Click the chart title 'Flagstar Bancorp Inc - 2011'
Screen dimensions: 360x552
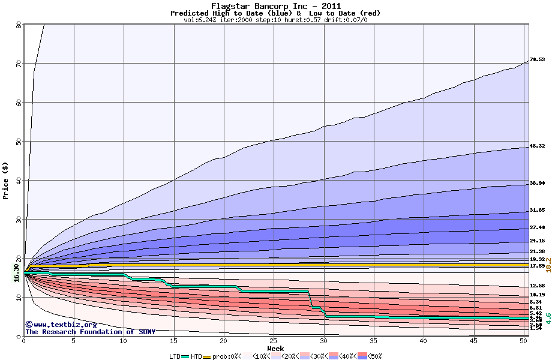tap(275, 6)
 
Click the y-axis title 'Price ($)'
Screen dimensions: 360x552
tap(5, 181)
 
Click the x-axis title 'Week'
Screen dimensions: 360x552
tap(275, 349)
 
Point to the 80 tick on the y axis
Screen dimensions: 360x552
tap(19, 25)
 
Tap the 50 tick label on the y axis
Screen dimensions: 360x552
tap(19, 142)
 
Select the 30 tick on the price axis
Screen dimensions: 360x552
tap(19, 220)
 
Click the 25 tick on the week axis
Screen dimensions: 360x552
tap(274, 341)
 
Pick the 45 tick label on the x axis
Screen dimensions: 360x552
tap(473, 341)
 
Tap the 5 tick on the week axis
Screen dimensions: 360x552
tap(74, 341)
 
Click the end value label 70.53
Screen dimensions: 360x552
tap(537, 59)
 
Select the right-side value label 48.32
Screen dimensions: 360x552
tap(537, 146)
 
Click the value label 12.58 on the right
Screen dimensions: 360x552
tap(537, 286)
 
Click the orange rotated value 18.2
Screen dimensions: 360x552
tap(548, 265)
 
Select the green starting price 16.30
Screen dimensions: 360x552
tap(17, 273)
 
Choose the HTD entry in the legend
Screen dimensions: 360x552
tap(196, 356)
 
